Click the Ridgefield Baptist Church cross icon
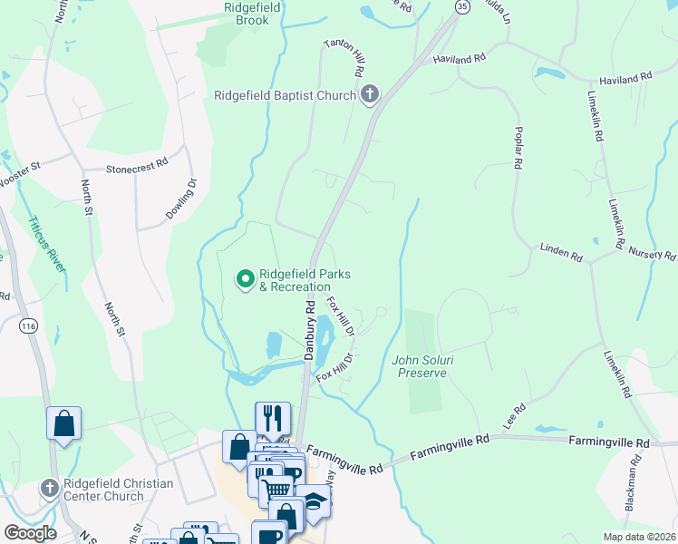[x=369, y=94]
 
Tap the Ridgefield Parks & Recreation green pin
[x=244, y=280]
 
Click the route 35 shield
[x=462, y=6]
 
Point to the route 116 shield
[x=29, y=325]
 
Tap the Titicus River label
[x=44, y=243]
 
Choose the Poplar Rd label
[x=518, y=148]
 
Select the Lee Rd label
[x=514, y=417]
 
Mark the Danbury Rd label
[x=309, y=329]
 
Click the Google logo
[x=30, y=532]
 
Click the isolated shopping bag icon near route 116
[x=63, y=423]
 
